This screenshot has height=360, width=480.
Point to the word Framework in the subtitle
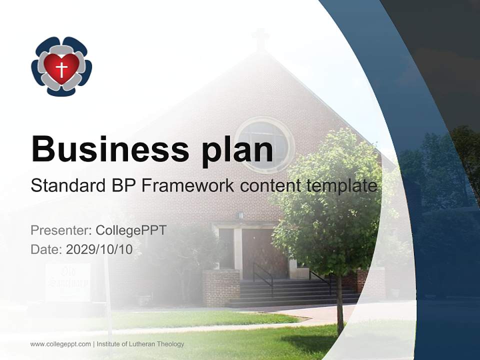click(186, 185)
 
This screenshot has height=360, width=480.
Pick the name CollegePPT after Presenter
click(131, 230)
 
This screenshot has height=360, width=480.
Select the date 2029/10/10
click(99, 249)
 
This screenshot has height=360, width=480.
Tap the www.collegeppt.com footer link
click(60, 344)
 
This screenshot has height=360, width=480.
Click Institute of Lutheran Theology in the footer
click(140, 344)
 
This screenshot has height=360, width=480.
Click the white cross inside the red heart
click(61, 68)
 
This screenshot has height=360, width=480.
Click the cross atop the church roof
click(260, 38)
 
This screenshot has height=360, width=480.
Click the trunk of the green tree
click(340, 310)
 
